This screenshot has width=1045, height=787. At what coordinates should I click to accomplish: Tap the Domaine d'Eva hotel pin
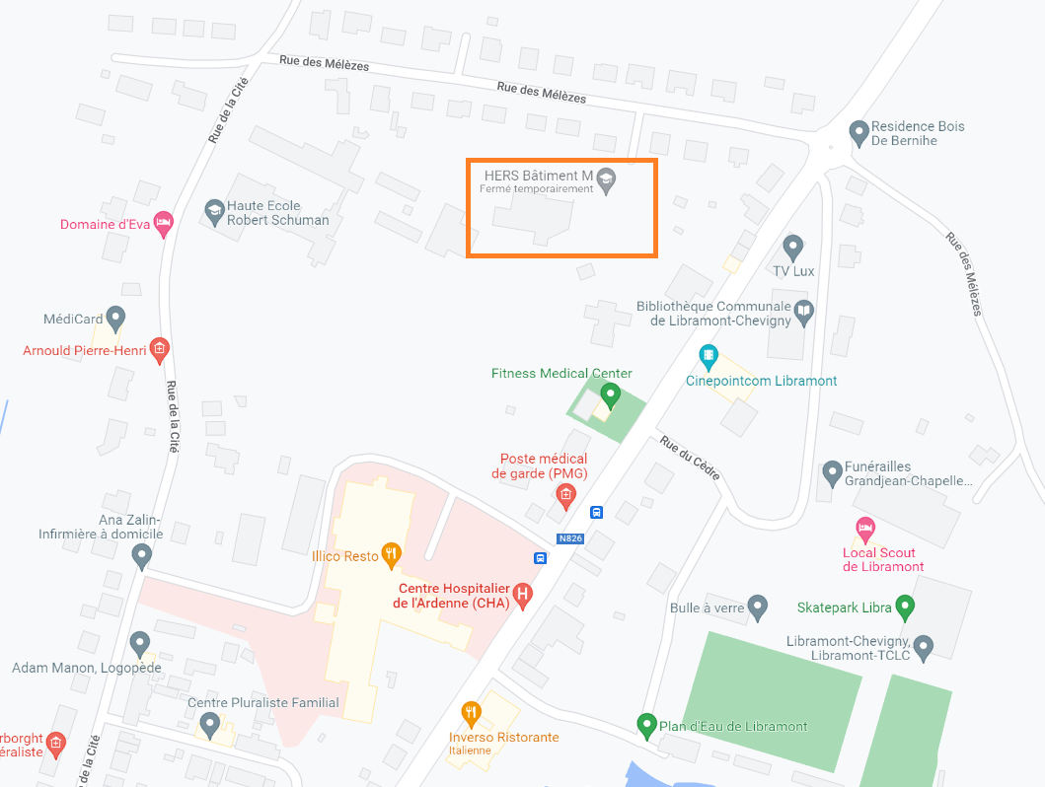pos(164,223)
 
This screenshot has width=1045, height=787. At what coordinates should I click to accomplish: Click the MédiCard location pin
pos(116,318)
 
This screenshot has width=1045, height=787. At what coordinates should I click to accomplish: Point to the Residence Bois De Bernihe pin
pos(858,130)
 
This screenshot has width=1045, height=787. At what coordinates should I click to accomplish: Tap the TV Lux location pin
pos(792,247)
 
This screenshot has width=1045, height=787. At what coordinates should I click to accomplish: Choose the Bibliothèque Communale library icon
pos(804,312)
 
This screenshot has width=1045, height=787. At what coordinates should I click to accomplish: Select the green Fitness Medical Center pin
pos(610,395)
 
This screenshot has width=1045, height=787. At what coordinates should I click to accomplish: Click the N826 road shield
pos(570,538)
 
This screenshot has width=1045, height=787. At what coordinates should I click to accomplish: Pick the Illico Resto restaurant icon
pos(392,554)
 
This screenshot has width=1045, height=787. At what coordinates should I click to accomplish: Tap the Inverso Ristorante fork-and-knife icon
pos(472,712)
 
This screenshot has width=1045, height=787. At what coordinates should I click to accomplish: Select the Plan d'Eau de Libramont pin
pos(646,725)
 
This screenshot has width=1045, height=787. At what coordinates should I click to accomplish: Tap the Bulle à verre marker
pos(757,607)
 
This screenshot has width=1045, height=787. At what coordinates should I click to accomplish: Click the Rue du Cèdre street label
pos(691,459)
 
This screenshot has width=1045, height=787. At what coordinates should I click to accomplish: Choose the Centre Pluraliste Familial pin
pos(208,725)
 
